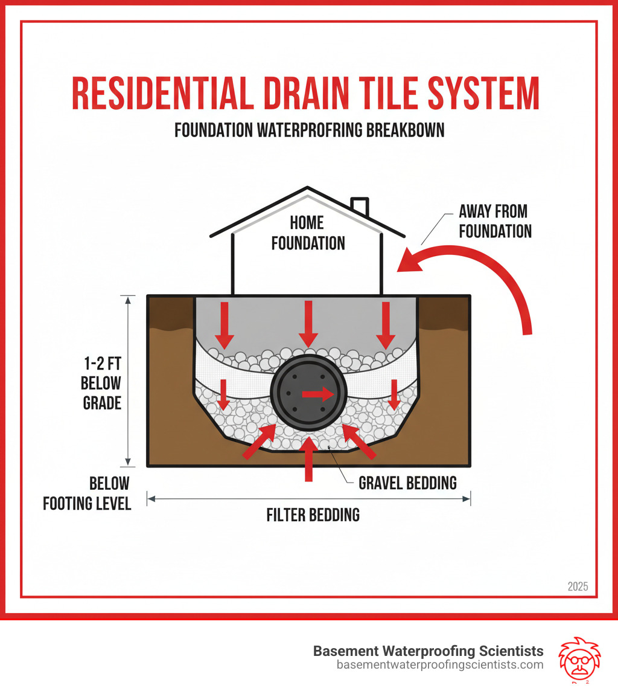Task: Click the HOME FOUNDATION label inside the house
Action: coord(308,233)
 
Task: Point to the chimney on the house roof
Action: coord(360,205)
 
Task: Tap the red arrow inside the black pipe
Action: coord(317,394)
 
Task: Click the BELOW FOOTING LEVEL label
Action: coord(88,493)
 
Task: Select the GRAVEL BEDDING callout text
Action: coord(407,483)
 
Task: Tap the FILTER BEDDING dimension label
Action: coord(313,515)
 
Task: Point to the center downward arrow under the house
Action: coord(308,324)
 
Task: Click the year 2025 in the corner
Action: coord(578,586)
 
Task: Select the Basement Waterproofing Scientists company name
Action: coord(428,651)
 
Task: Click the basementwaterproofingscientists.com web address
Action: coord(440,665)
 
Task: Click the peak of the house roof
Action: coord(308,188)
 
